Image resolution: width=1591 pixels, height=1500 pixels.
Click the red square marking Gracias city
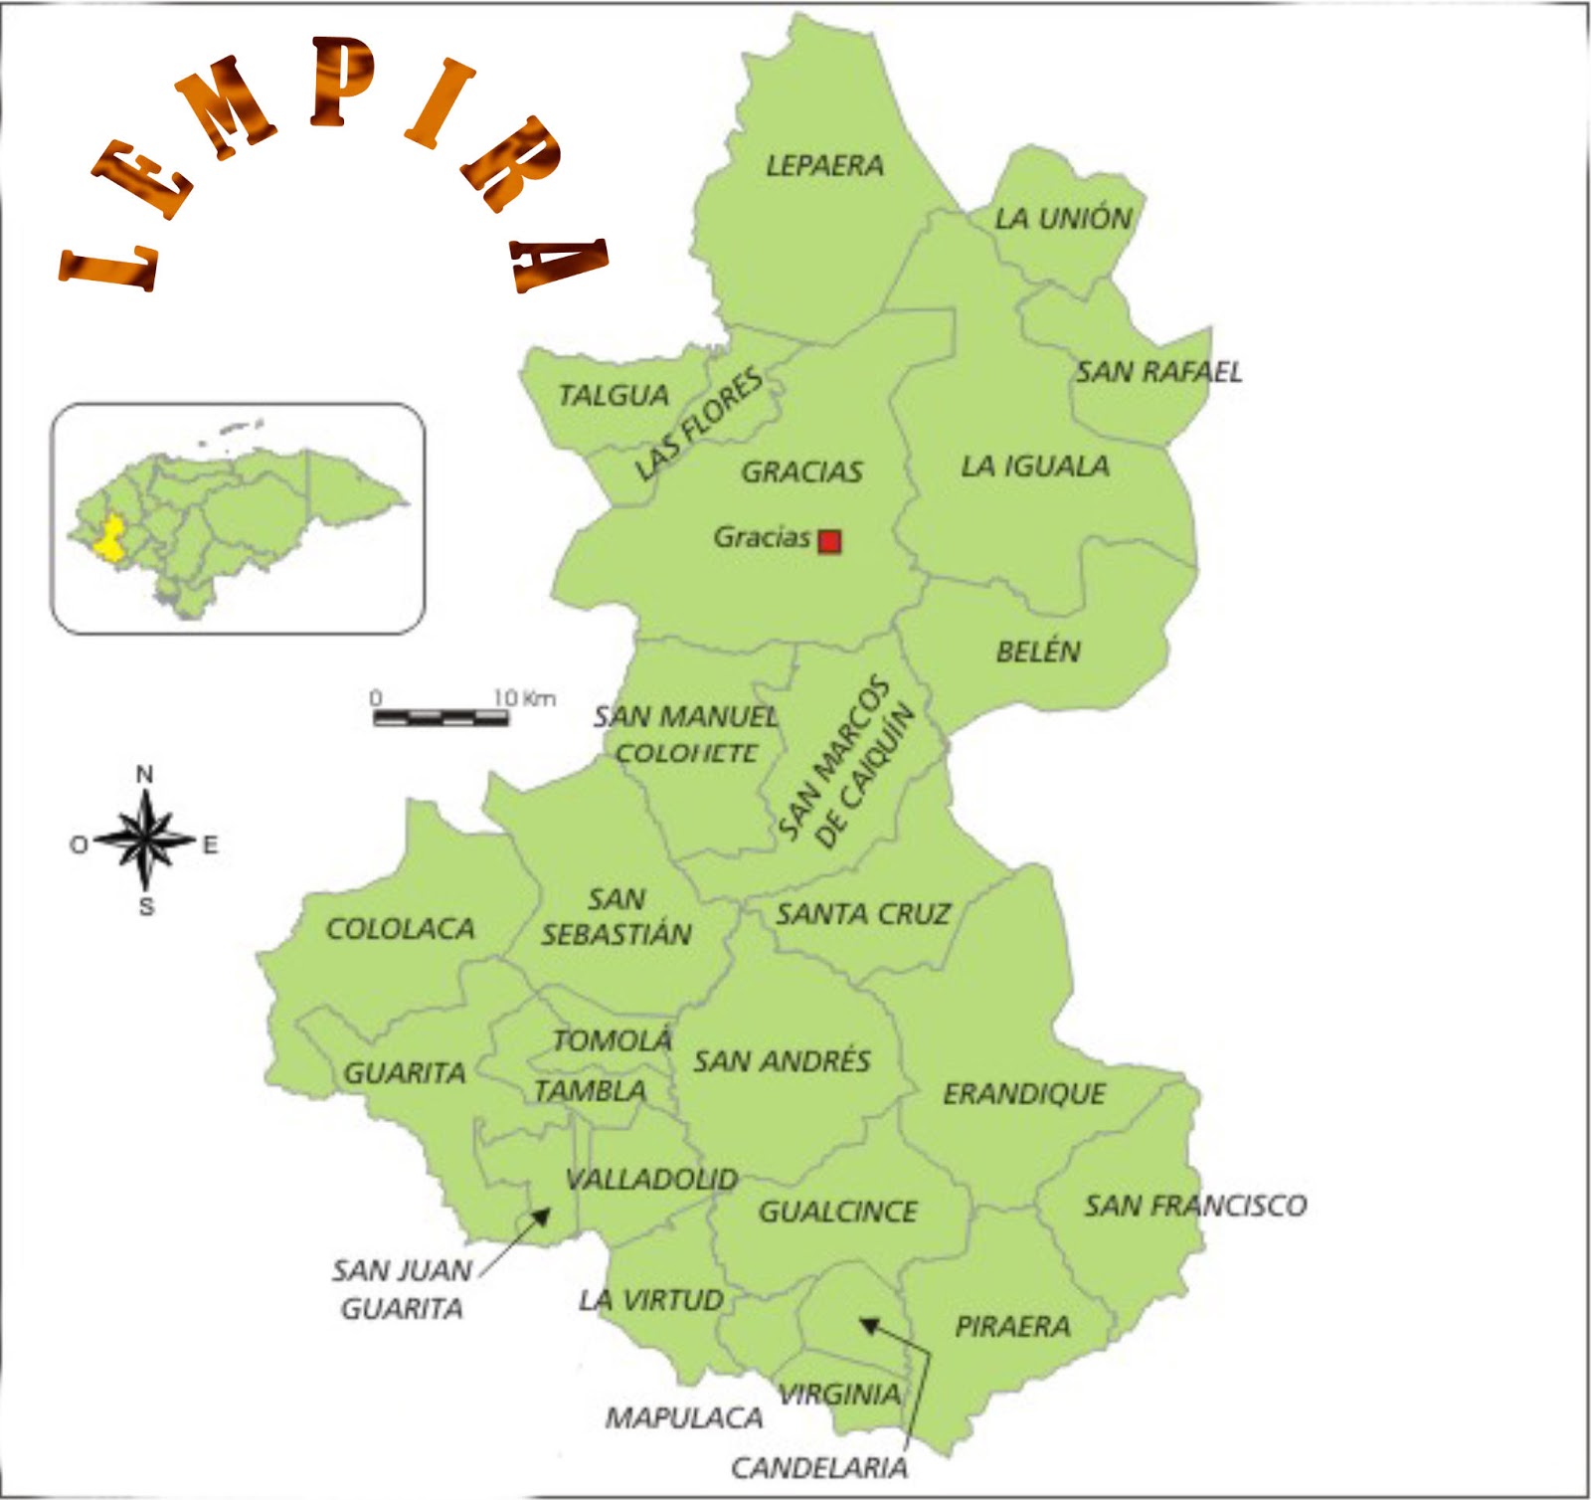(x=829, y=541)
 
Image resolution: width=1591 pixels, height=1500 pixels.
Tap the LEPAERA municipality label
(x=824, y=165)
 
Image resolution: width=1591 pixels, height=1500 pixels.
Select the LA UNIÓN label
(x=1063, y=219)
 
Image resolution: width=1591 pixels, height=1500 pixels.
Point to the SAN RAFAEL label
(x=1158, y=372)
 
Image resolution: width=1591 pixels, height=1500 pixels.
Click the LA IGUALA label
(x=1034, y=466)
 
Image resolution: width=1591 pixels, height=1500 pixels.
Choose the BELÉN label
(x=1038, y=652)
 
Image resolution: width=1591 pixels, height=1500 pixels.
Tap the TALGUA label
(x=614, y=395)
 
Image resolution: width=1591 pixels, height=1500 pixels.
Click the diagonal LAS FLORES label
(x=699, y=423)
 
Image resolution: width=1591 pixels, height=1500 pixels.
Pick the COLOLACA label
(x=400, y=929)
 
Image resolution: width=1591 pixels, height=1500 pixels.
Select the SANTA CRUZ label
(x=863, y=914)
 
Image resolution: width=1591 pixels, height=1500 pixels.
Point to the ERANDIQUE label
(x=1024, y=1094)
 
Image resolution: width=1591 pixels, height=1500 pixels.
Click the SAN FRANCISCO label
(x=1195, y=1206)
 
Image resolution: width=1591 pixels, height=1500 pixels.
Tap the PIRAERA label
(x=1012, y=1326)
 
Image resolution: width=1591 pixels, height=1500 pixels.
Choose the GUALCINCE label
(x=837, y=1212)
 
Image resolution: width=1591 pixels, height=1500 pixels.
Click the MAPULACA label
(x=684, y=1417)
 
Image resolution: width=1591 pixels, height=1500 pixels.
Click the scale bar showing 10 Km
(x=441, y=716)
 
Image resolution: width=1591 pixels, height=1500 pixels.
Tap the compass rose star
(x=145, y=842)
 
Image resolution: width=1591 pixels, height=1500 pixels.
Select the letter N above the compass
(x=145, y=774)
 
